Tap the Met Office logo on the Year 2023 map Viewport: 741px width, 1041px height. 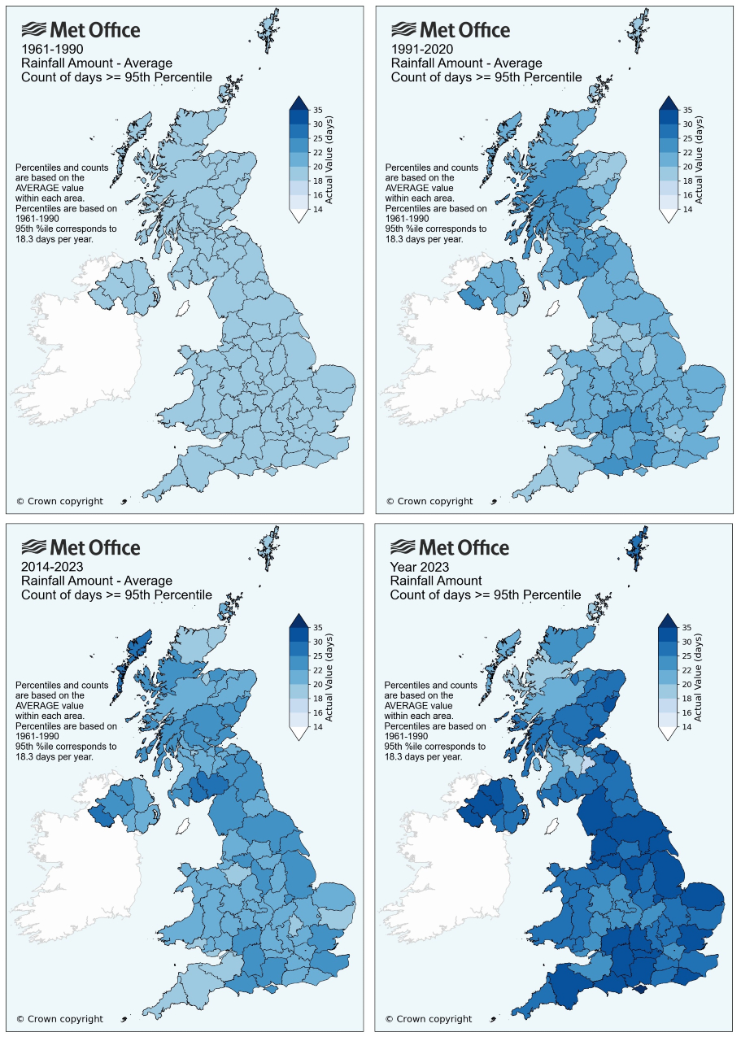450,547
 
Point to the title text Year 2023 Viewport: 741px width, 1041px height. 420,567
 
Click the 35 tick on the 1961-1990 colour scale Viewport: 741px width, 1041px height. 320,110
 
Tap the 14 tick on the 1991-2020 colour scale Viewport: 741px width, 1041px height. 688,209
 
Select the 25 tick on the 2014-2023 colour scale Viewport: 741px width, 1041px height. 320,656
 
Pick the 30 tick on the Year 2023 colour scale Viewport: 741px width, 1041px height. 688,642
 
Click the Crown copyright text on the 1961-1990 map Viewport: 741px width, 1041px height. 59,501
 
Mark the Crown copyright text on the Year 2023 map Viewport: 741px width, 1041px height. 428,1018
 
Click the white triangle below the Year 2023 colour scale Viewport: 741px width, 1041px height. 667,734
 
